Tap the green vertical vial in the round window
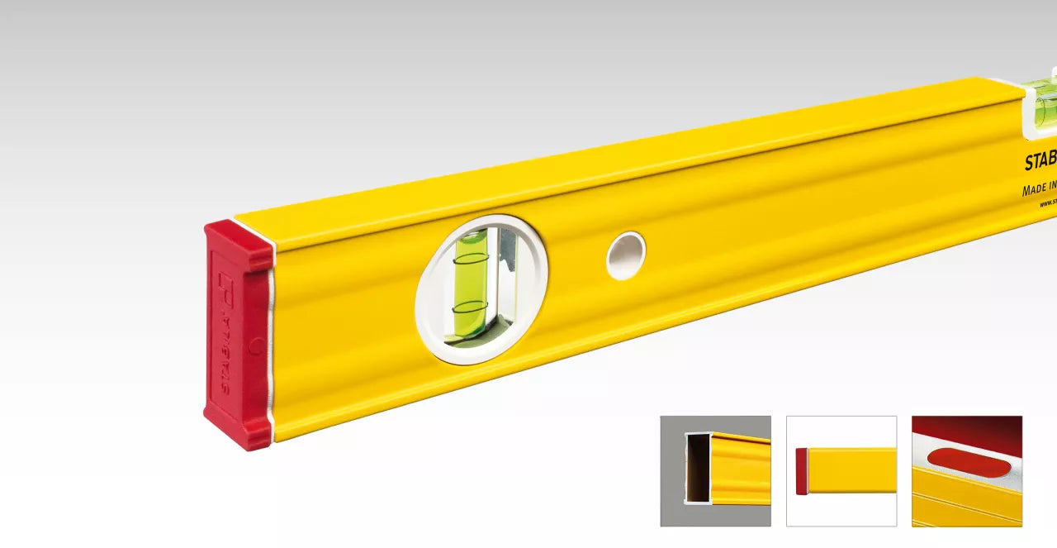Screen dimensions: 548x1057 pyautogui.click(x=470, y=285)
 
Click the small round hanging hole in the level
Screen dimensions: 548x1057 pyautogui.click(x=625, y=255)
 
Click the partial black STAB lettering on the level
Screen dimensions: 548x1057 pyautogui.click(x=1040, y=161)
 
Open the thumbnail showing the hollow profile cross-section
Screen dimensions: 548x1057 pyautogui.click(x=715, y=471)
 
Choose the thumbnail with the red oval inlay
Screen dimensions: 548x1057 pyautogui.click(x=966, y=471)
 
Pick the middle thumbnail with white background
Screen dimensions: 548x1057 pyautogui.click(x=841, y=471)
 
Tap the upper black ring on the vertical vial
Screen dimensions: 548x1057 pyautogui.click(x=471, y=259)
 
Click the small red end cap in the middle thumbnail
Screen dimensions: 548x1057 pyautogui.click(x=801, y=471)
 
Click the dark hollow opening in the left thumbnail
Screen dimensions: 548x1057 pyautogui.click(x=698, y=468)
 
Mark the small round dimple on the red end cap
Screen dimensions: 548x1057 pyautogui.click(x=257, y=345)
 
